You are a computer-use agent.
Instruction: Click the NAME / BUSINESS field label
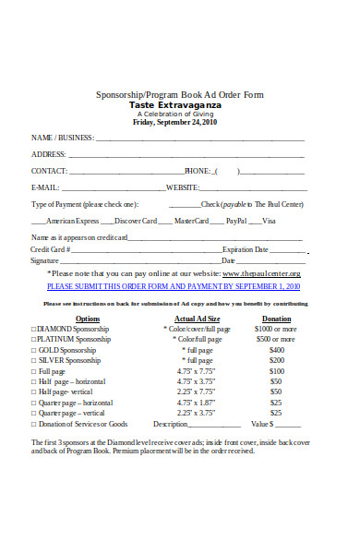(63, 138)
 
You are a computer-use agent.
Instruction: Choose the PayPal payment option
(235, 221)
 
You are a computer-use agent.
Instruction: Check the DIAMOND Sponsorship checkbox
(34, 329)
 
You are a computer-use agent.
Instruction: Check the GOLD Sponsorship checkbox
(34, 351)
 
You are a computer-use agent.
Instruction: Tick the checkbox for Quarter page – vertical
(34, 413)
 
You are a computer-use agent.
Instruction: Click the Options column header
(88, 318)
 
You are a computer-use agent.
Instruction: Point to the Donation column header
(276, 318)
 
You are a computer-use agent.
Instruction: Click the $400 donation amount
(276, 351)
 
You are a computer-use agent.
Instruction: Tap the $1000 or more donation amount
(276, 329)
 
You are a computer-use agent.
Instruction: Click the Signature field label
(45, 261)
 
